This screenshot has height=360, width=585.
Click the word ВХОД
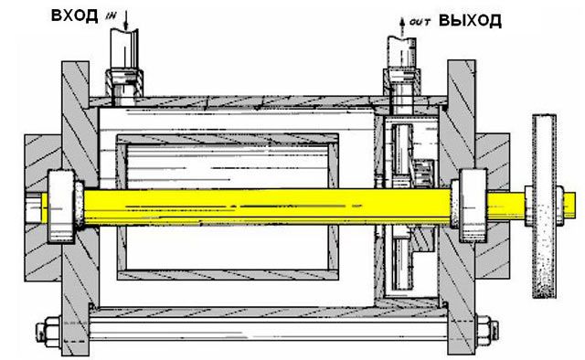(74, 16)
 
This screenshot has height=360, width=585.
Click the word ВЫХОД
(470, 20)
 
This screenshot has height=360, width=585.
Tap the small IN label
(112, 16)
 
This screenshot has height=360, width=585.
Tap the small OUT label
(420, 22)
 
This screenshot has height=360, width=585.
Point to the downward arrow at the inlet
(126, 20)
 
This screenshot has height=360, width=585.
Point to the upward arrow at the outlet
(402, 26)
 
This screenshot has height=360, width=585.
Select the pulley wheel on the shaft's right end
(544, 206)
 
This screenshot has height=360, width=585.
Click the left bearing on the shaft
(61, 206)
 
